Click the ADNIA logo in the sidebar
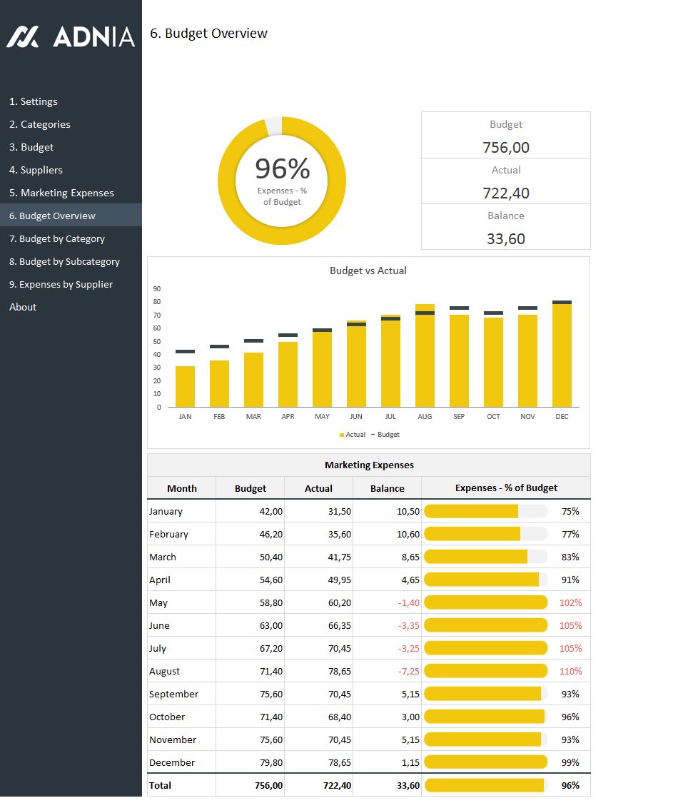[71, 36]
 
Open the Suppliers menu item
[36, 170]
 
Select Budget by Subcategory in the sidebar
[64, 261]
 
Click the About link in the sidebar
[23, 307]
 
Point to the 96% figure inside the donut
[282, 169]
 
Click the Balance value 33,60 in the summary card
[505, 239]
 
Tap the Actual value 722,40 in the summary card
[505, 193]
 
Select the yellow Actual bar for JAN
[185, 386]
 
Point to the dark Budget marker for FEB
[219, 346]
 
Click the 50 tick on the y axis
[156, 341]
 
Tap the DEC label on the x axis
[562, 416]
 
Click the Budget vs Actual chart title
[368, 271]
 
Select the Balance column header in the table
[387, 488]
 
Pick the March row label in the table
[163, 557]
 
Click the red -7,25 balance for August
[409, 671]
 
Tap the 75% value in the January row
[570, 511]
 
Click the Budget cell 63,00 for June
[271, 625]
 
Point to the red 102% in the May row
[570, 602]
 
